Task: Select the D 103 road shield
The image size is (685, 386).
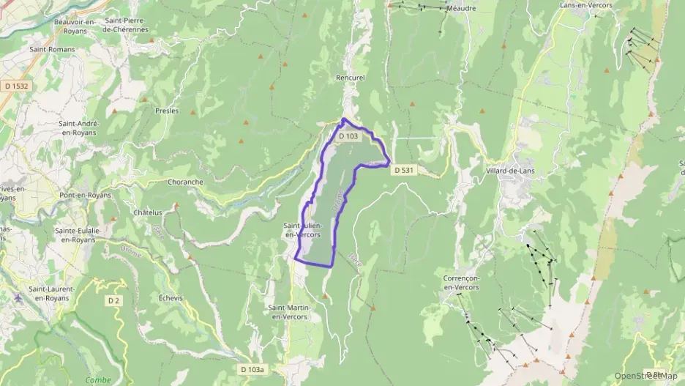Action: (x=349, y=136)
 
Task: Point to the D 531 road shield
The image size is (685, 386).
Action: (x=403, y=170)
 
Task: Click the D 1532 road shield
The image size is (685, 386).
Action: (x=16, y=86)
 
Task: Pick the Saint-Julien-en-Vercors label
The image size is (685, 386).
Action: (x=302, y=230)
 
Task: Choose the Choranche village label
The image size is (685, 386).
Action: (x=185, y=182)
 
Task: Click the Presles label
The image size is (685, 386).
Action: (x=167, y=111)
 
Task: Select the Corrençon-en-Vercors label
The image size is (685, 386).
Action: (x=460, y=283)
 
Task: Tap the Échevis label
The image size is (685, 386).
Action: (x=170, y=298)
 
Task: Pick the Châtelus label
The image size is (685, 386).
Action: (x=147, y=212)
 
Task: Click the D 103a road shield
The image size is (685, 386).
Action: (x=251, y=370)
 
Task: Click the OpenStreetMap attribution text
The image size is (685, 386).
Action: (x=645, y=376)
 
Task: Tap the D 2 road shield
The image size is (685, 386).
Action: (x=113, y=300)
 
